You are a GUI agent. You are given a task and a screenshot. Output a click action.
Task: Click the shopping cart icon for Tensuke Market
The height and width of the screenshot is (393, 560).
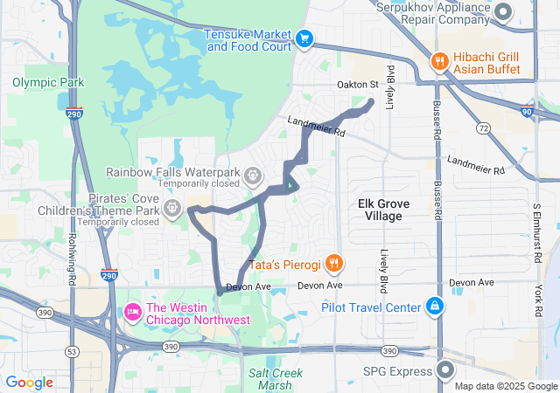coord(304,38)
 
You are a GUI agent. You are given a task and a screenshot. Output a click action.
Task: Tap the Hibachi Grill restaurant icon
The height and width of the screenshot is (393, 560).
coord(439,61)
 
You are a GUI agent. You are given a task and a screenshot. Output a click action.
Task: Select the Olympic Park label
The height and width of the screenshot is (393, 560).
coord(48,82)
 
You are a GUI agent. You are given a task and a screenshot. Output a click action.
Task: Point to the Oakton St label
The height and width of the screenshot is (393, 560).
coord(356,85)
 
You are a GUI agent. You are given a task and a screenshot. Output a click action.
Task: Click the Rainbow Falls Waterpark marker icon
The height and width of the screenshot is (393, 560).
coord(253,175)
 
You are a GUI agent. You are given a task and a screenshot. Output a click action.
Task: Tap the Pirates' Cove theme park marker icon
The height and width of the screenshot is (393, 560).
coord(173,208)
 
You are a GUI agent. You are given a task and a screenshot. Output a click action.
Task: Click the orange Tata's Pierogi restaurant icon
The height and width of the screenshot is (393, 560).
coord(333,263)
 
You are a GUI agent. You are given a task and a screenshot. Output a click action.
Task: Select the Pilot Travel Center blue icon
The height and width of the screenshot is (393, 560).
coord(435,307)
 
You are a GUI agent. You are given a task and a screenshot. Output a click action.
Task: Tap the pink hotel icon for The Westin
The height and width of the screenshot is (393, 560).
coord(133,312)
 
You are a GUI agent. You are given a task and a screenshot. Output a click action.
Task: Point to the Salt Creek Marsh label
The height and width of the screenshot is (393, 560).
coord(277,379)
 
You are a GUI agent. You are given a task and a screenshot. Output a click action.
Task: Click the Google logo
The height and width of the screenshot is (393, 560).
coord(29,383)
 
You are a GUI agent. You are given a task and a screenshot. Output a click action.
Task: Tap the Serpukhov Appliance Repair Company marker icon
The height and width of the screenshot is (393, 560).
coord(503,11)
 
